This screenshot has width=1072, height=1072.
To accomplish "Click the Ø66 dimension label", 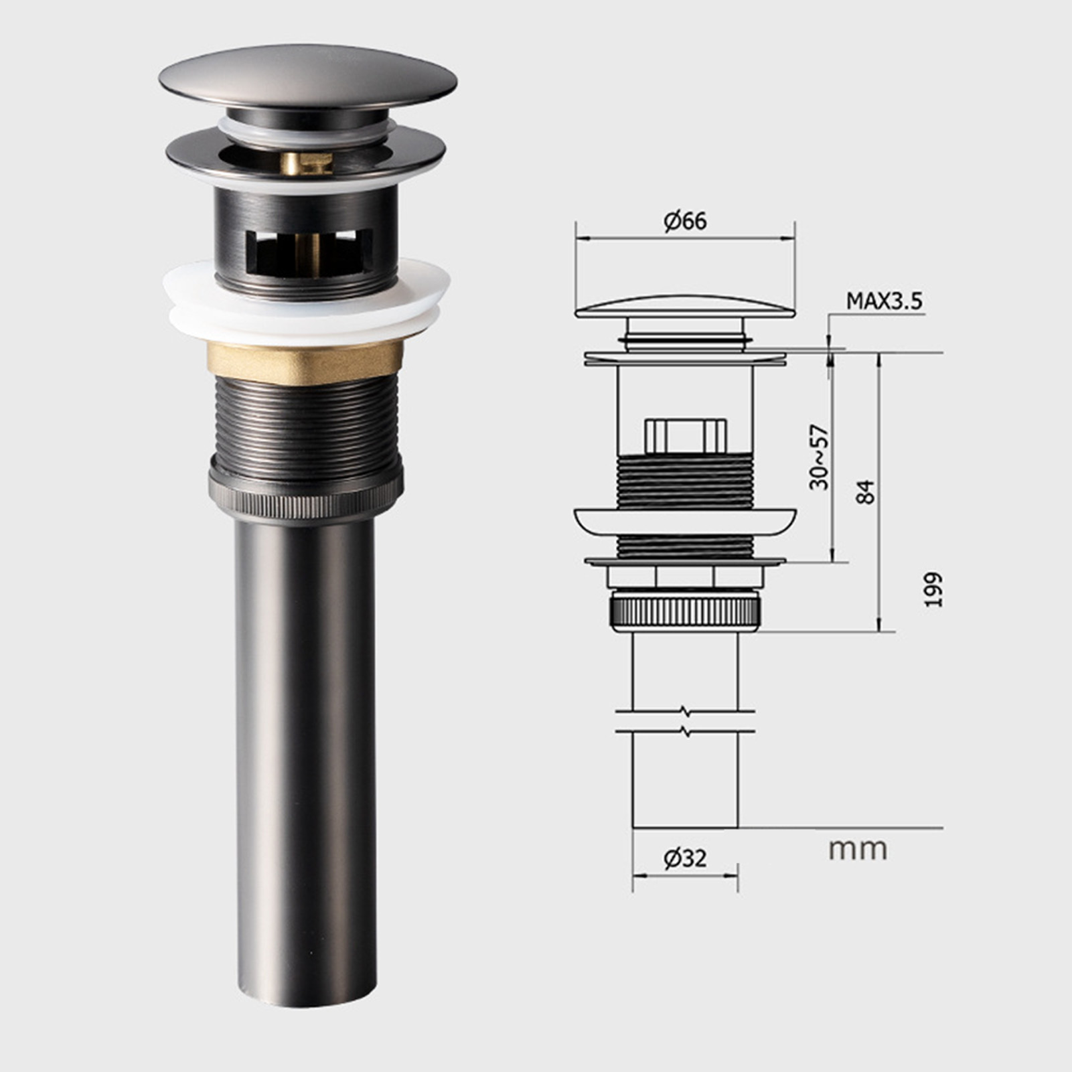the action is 685,221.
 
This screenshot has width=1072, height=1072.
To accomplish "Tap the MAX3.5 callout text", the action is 884,301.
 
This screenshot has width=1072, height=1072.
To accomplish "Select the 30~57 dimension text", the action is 819,457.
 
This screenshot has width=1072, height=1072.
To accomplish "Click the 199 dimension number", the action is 933,589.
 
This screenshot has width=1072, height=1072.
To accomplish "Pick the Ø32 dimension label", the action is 685,858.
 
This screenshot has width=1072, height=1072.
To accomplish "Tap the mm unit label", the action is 858,850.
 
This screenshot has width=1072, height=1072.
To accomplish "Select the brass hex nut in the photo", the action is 307,362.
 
